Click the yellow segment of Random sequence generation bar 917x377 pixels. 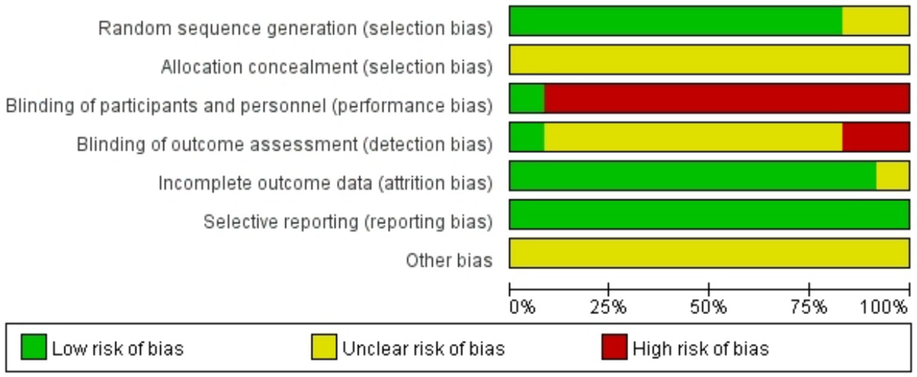pyautogui.click(x=875, y=22)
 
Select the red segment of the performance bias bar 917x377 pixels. pyautogui.click(x=726, y=99)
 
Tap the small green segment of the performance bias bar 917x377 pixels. pyautogui.click(x=527, y=99)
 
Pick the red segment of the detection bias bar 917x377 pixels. pyautogui.click(x=875, y=137)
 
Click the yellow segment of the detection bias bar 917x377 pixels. pyautogui.click(x=693, y=137)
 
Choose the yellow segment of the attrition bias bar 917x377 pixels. pyautogui.click(x=893, y=176)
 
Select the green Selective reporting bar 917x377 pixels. pyautogui.click(x=709, y=214)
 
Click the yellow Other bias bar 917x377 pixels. pyautogui.click(x=709, y=253)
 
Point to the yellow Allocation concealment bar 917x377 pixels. pyautogui.click(x=709, y=60)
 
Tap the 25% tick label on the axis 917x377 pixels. pyautogui.click(x=609, y=308)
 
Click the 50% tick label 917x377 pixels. pyautogui.click(x=709, y=308)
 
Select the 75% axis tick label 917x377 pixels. pyautogui.click(x=809, y=308)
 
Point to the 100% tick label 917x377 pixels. pyautogui.click(x=884, y=308)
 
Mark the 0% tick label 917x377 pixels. pyautogui.click(x=522, y=308)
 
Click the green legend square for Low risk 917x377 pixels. pyautogui.click(x=33, y=347)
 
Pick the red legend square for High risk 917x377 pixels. pyautogui.click(x=615, y=347)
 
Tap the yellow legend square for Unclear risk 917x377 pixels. pyautogui.click(x=324, y=347)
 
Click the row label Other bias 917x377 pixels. pyautogui.click(x=449, y=260)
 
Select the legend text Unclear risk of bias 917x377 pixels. pyautogui.click(x=423, y=348)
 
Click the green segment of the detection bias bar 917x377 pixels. pyautogui.click(x=527, y=137)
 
